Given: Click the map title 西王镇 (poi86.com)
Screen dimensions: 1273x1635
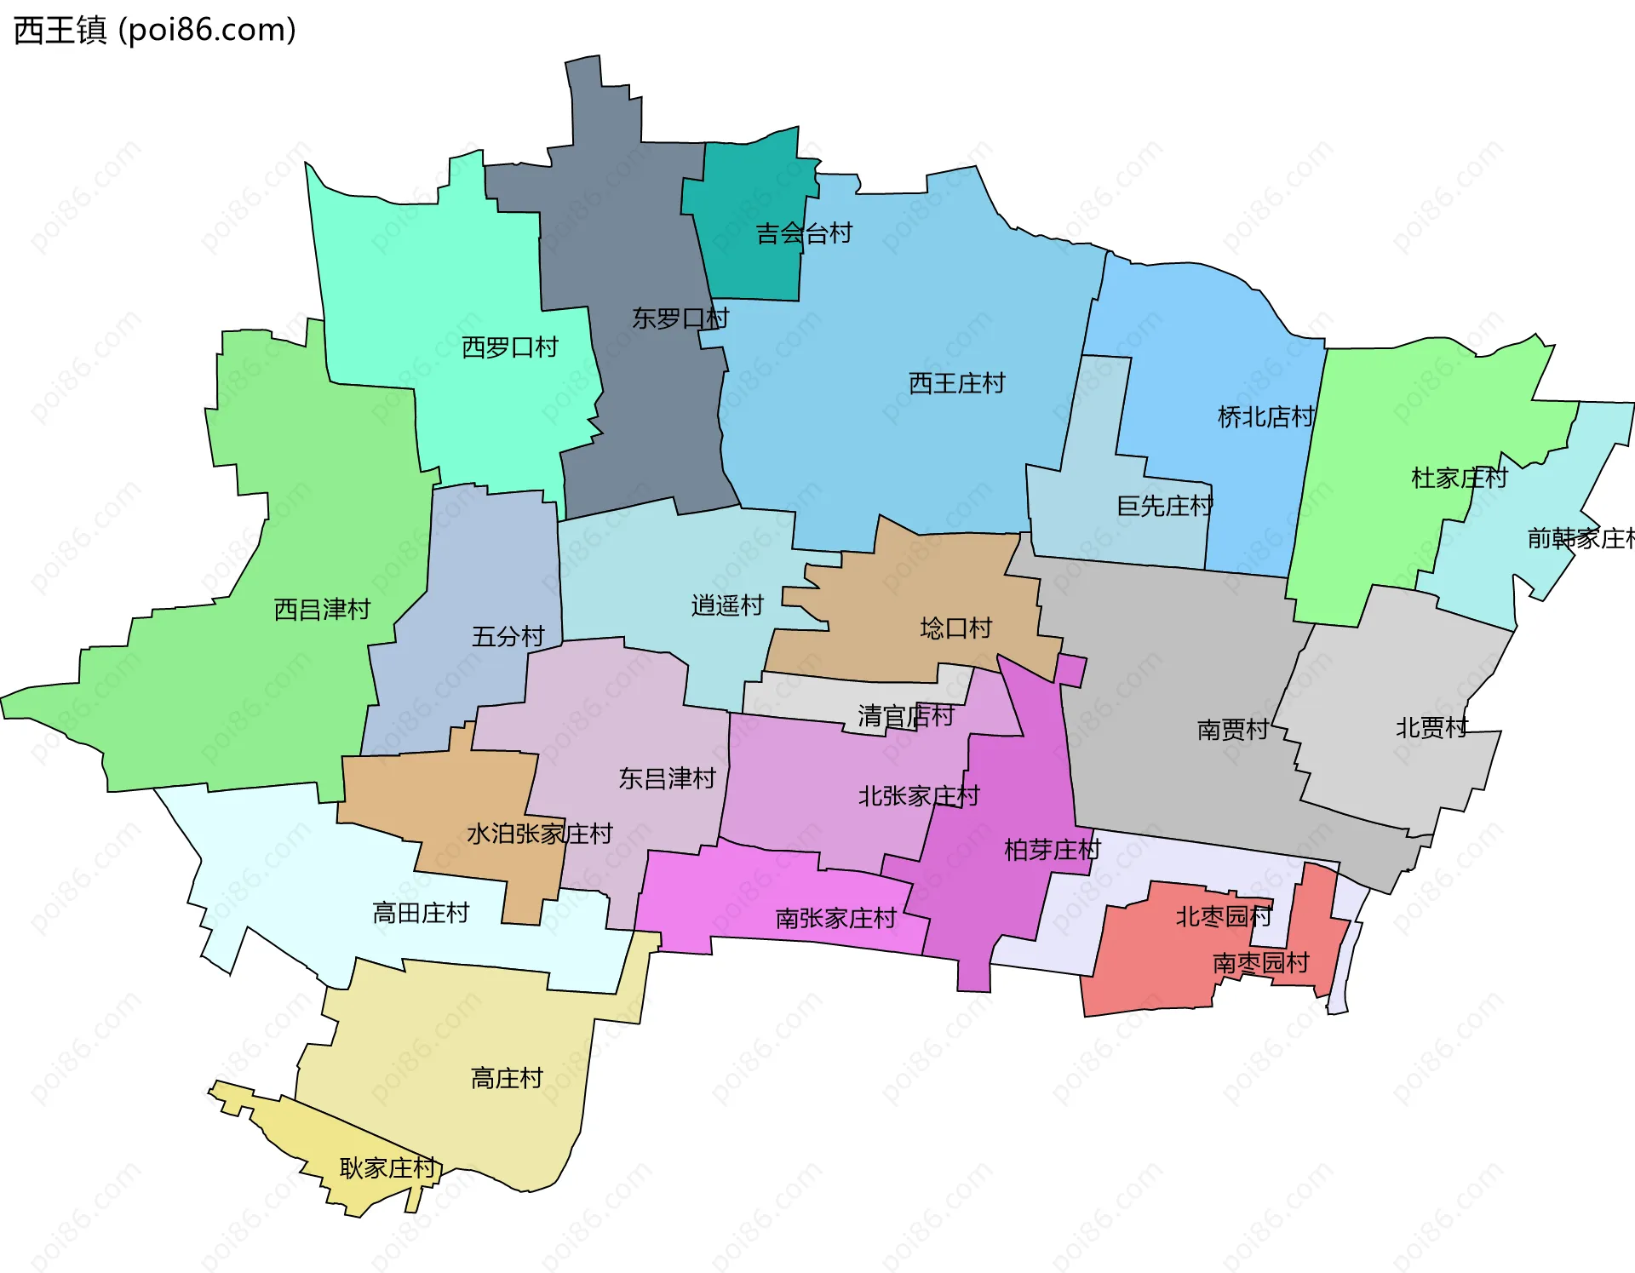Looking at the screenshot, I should tap(155, 30).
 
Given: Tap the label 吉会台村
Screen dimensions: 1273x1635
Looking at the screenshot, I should tap(804, 233).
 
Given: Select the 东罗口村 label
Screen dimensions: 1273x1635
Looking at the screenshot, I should tap(680, 318).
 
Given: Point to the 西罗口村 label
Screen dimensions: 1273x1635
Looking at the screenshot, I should tap(509, 347).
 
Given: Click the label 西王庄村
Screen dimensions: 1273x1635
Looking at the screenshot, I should tap(956, 383).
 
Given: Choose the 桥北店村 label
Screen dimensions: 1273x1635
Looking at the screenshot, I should tap(1265, 417).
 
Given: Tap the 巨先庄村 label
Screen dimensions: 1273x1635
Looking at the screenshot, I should tap(1164, 507).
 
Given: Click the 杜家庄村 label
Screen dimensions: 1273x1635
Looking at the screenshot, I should tap(1459, 478).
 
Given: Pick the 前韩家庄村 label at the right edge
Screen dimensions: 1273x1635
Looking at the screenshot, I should tap(1580, 538).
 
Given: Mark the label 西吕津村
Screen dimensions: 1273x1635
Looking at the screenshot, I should tap(322, 610).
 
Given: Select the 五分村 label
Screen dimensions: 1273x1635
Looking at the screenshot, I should tap(508, 637).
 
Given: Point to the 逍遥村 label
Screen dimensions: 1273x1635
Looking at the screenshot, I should tap(727, 606).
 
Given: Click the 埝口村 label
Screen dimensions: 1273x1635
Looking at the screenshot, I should tap(955, 628).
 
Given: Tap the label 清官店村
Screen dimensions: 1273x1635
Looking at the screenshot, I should tap(905, 716).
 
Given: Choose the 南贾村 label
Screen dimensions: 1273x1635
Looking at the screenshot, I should tap(1232, 730).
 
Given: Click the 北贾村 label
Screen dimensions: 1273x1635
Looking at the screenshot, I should tap(1431, 728).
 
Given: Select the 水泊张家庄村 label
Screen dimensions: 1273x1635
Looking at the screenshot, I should tap(539, 834).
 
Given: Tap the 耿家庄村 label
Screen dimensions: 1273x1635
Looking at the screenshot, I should tap(387, 1167).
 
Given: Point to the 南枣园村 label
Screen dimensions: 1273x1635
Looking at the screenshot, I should tap(1260, 963).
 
